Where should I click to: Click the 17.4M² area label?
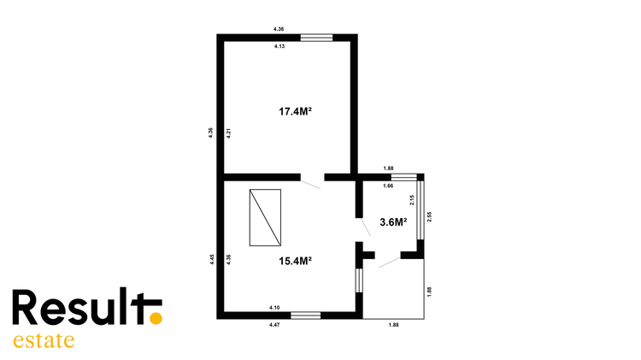(296, 111)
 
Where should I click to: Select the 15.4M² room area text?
(296, 261)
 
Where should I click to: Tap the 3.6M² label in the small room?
(393, 222)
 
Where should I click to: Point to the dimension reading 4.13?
(279, 46)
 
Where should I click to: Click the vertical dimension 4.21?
(229, 133)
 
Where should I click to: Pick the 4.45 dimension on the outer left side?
(212, 260)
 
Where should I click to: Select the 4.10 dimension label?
(274, 308)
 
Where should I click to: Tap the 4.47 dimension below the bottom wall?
(274, 325)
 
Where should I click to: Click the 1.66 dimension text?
(388, 186)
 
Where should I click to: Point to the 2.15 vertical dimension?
(412, 200)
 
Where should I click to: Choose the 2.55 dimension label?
(429, 217)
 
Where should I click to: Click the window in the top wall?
(316, 38)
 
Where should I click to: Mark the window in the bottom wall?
(305, 316)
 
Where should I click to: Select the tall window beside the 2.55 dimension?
(420, 210)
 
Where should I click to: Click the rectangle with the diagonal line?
(265, 218)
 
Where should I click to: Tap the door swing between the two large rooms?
(311, 185)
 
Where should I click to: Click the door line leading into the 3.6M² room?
(366, 227)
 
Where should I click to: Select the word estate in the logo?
(44, 340)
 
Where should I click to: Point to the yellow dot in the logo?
(156, 318)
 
